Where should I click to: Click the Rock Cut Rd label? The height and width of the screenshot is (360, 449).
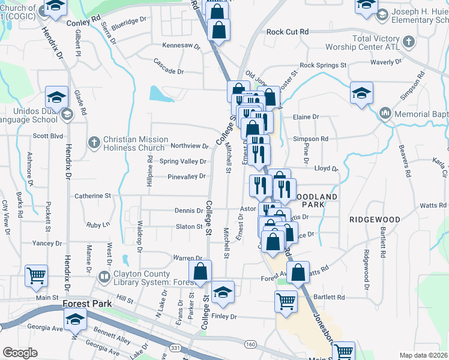(x=288, y=31)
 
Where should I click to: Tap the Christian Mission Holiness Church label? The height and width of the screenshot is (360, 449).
(x=134, y=143)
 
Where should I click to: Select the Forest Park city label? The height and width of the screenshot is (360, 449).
(x=87, y=304)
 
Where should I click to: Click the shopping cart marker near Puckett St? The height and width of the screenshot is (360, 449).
(x=37, y=276)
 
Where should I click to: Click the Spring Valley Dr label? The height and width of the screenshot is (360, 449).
(x=183, y=161)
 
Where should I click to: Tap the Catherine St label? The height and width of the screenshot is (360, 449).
(x=93, y=196)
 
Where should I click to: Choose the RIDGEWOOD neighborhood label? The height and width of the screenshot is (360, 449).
(x=375, y=220)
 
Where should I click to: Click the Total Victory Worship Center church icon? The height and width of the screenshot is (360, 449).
(x=408, y=42)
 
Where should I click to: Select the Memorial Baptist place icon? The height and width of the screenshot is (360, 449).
(x=385, y=113)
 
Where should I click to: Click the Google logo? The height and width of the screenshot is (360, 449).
(x=20, y=353)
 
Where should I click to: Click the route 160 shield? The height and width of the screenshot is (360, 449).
(x=250, y=343)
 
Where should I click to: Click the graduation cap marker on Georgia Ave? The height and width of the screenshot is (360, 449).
(x=76, y=319)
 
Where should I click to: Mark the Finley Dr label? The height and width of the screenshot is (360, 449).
(x=224, y=316)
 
